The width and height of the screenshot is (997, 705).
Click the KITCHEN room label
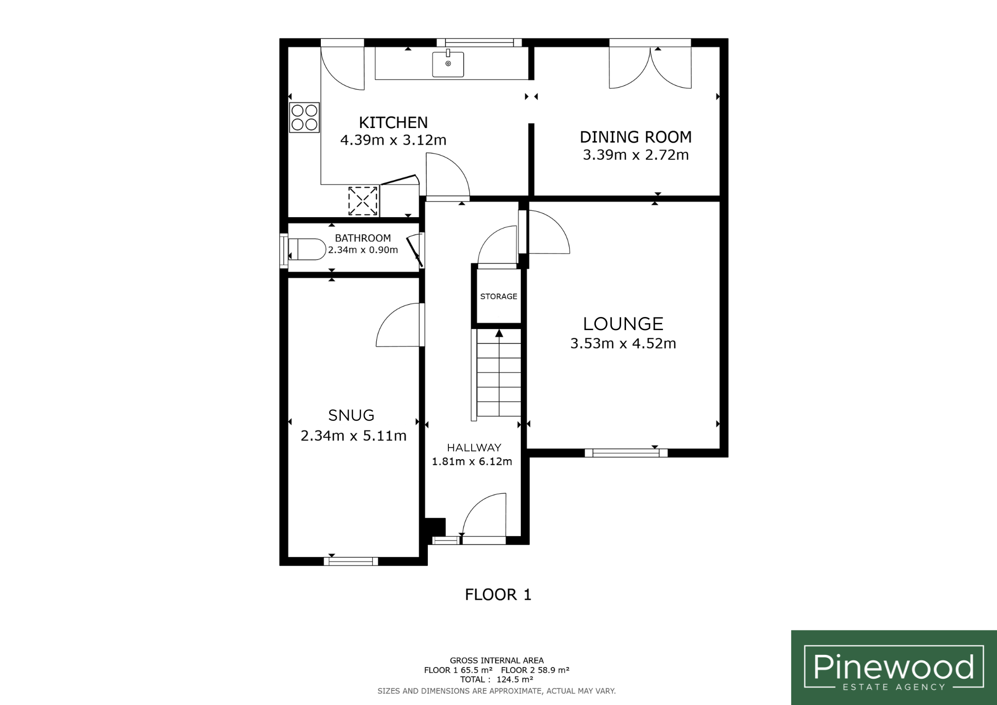tap(393, 122)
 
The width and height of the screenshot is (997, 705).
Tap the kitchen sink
tap(448, 64)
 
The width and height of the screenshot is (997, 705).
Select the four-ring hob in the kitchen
tap(304, 117)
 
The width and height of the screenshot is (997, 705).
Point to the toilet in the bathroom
tap(307, 250)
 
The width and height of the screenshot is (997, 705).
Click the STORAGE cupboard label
tap(498, 297)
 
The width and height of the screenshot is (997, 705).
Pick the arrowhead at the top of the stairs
tap(499, 333)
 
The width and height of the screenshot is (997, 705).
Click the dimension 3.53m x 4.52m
tap(623, 344)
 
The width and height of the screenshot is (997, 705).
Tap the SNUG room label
tap(351, 415)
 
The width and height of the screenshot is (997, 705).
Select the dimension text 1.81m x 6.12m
tap(472, 461)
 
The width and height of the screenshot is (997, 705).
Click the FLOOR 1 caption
tap(498, 594)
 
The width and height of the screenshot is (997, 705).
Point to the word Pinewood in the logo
tap(894, 667)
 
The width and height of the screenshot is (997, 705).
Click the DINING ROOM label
tap(636, 137)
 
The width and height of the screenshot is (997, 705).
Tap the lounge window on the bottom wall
tap(626, 453)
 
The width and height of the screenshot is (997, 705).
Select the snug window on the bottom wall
tap(351, 561)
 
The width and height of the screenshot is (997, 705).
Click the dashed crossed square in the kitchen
tap(363, 201)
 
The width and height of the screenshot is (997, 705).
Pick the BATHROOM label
tap(363, 238)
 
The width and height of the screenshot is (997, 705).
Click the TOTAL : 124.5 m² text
tap(497, 680)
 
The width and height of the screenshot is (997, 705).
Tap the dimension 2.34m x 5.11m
tap(353, 436)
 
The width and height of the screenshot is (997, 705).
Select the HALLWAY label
tap(474, 448)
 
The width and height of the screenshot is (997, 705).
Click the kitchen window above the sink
tap(480, 43)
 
